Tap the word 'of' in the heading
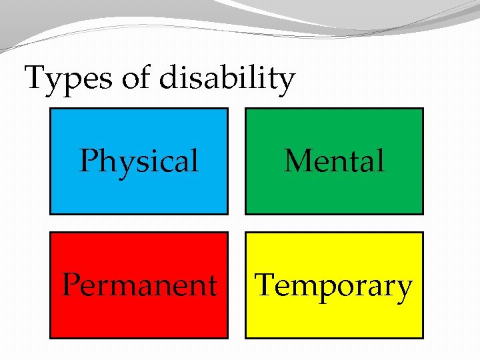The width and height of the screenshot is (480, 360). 137,78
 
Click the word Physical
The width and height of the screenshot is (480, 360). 139,162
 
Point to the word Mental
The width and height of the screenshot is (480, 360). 334,161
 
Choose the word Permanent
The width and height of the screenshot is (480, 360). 139,285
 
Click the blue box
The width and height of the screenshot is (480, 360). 139,193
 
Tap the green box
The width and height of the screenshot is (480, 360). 334,193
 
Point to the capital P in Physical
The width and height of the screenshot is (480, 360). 87,161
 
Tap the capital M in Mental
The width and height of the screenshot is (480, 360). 297,161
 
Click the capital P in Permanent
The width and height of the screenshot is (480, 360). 70,285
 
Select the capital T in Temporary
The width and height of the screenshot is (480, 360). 265,285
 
